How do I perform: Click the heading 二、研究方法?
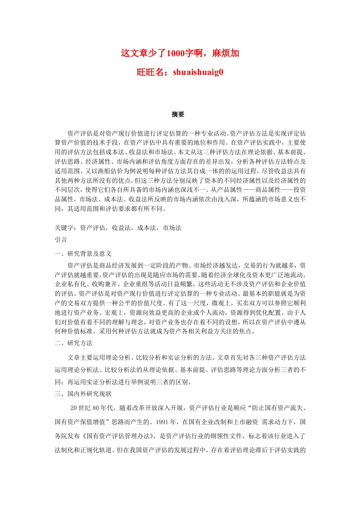[x=73, y=343]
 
